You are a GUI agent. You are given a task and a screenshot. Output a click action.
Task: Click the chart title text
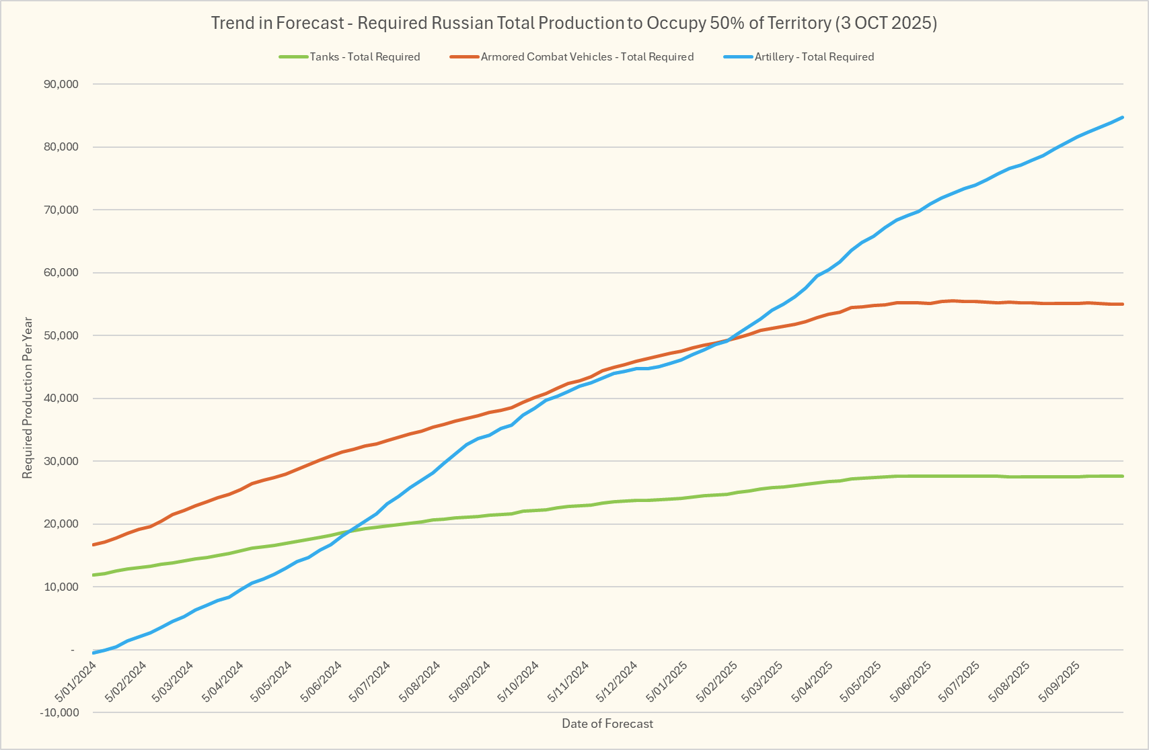click(574, 23)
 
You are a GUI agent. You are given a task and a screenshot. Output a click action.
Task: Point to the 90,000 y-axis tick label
click(61, 85)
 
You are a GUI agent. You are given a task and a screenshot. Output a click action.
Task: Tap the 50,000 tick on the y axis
click(61, 336)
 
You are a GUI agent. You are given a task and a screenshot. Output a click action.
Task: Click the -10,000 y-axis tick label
click(59, 712)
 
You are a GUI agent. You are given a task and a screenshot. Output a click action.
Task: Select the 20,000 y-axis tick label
click(61, 524)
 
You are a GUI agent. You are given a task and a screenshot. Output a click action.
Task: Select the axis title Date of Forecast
click(607, 724)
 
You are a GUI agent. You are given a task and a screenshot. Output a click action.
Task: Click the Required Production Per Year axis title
click(28, 398)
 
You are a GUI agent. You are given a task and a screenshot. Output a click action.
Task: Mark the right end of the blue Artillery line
click(1123, 118)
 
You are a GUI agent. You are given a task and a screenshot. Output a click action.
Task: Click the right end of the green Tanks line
click(1123, 476)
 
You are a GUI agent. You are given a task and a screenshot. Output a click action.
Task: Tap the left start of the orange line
click(93, 544)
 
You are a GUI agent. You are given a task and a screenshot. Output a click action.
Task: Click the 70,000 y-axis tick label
click(61, 210)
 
